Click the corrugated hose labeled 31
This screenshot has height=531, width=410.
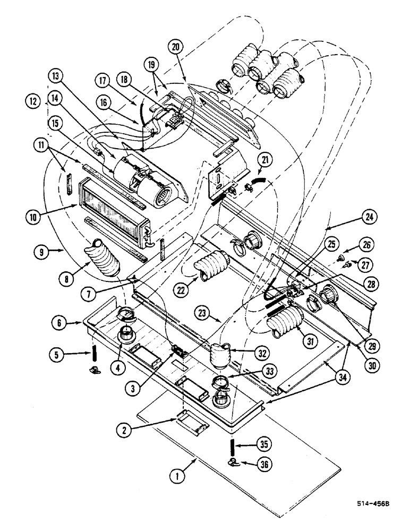coord(284,323)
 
